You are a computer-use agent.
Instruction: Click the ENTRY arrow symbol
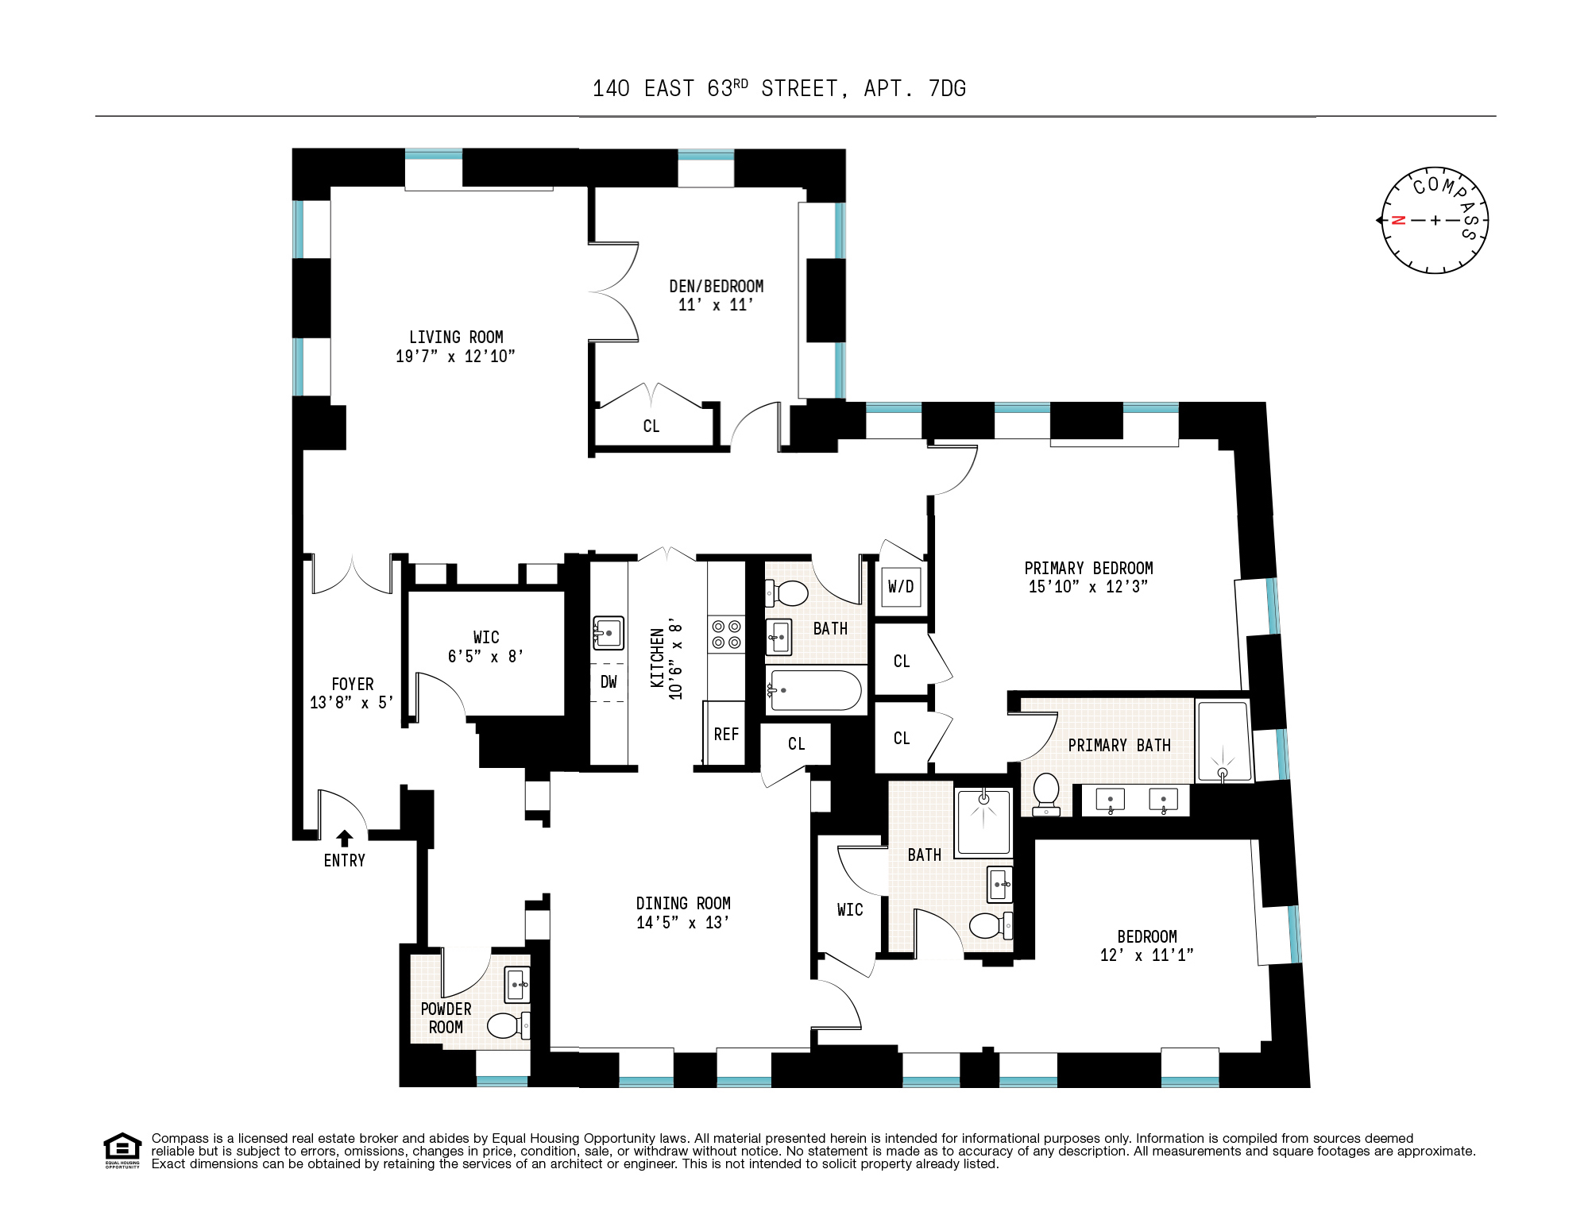pos(344,839)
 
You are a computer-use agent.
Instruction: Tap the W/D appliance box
pos(901,587)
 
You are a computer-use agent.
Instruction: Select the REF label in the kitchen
pos(726,735)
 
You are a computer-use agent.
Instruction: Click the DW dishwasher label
pos(609,682)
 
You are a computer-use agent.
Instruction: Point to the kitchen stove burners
pos(726,635)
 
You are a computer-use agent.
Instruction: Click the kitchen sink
pos(608,633)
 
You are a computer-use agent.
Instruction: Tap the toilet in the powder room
pos(505,1025)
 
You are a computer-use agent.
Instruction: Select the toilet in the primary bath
pos(1046,793)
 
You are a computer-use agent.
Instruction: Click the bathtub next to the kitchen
pos(815,690)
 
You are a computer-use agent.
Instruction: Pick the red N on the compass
pos(1399,221)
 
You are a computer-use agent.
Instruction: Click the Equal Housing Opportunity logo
pos(122,1150)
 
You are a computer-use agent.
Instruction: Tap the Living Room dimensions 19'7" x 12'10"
pos(455,357)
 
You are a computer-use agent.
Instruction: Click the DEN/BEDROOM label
pos(716,287)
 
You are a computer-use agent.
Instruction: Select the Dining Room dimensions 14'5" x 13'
pos(682,923)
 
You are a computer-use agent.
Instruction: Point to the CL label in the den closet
pos(651,426)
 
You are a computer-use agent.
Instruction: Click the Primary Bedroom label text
pos(1088,569)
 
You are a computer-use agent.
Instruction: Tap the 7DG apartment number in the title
pos(947,89)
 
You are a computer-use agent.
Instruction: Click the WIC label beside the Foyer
pos(486,638)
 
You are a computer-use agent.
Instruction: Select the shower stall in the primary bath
pos(1223,742)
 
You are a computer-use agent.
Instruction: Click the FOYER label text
pos(352,685)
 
